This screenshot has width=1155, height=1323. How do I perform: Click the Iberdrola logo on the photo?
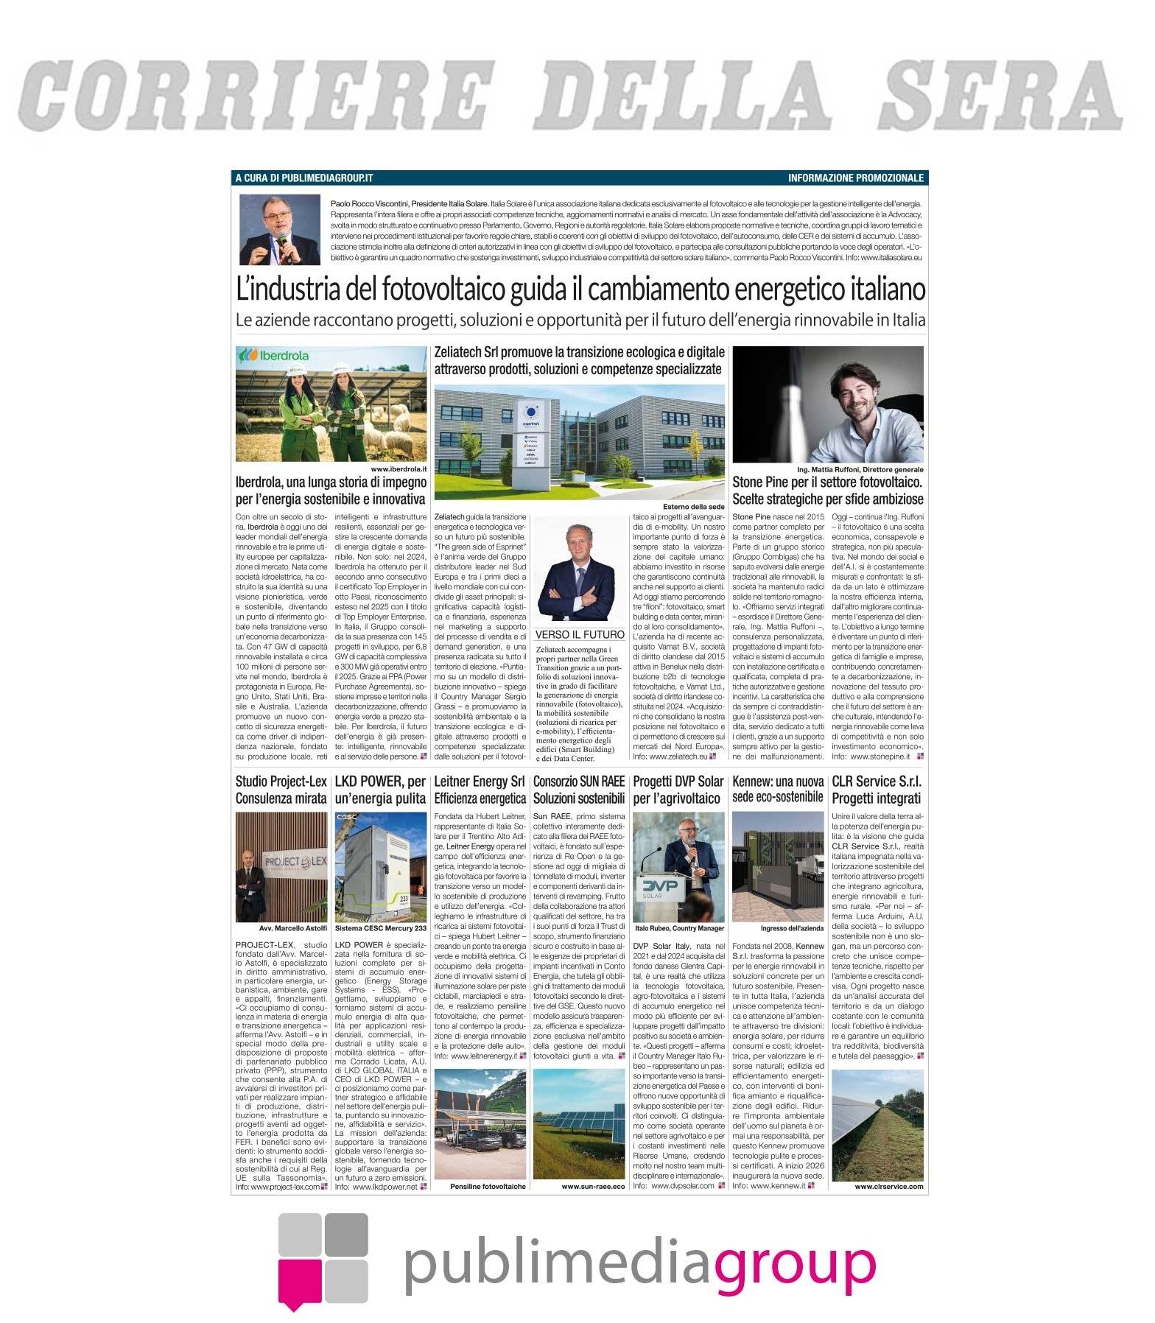(x=273, y=355)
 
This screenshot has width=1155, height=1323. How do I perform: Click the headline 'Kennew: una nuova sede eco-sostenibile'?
(x=778, y=789)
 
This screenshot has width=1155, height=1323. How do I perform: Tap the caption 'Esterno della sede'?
(x=693, y=507)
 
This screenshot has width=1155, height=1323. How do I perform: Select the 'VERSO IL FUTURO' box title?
(x=579, y=634)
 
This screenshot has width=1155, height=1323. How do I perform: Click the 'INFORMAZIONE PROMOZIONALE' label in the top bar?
(x=854, y=178)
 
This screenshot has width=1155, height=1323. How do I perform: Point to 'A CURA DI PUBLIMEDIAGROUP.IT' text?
(x=303, y=178)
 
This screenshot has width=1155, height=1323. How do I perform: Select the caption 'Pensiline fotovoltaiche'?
(x=488, y=1187)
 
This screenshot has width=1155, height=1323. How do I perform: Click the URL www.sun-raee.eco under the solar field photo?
(x=592, y=1187)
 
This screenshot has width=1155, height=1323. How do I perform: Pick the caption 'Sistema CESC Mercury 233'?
(x=380, y=928)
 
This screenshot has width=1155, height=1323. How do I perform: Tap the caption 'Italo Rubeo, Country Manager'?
(x=678, y=928)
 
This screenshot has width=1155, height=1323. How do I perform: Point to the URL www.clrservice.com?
(x=888, y=1187)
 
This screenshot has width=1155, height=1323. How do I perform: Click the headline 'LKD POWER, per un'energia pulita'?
(x=380, y=789)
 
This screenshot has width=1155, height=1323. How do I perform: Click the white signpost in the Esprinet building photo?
(x=529, y=434)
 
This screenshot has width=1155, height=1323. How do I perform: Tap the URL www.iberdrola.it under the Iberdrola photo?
(x=399, y=469)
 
